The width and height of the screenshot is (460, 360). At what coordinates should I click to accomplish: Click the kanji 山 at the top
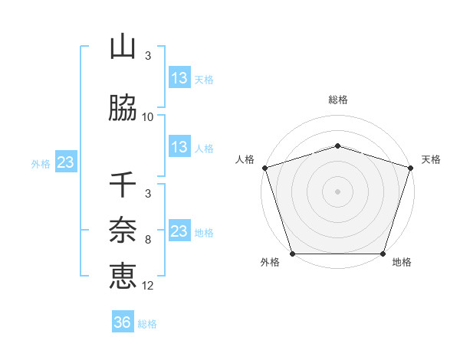[123, 47]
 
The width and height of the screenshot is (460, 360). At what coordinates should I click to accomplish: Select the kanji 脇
[123, 109]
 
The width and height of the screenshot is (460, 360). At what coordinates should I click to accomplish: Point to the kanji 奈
[123, 229]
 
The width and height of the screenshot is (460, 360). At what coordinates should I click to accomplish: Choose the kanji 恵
[123, 275]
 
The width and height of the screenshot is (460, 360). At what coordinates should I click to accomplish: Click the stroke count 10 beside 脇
[148, 117]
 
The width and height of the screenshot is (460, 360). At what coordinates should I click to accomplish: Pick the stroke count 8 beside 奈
[148, 240]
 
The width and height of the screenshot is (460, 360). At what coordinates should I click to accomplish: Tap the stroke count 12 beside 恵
[148, 286]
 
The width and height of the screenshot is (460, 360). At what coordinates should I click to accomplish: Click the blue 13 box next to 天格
[179, 77]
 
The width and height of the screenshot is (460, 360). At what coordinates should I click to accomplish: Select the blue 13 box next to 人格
[179, 147]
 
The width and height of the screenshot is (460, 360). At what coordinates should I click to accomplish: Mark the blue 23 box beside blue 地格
[179, 231]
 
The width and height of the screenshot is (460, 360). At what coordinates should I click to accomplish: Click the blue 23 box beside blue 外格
[65, 162]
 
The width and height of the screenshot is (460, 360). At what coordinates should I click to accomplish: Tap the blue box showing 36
[123, 322]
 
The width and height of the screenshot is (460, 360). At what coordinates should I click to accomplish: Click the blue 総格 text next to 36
[148, 324]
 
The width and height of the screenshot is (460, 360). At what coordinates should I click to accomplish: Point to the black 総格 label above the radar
[337, 100]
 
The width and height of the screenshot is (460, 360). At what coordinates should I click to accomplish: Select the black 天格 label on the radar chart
[432, 159]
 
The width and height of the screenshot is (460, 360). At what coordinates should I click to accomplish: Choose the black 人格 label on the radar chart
[245, 159]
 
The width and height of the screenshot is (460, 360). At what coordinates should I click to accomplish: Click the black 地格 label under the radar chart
[402, 263]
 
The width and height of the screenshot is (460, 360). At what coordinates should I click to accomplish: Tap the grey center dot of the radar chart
[337, 191]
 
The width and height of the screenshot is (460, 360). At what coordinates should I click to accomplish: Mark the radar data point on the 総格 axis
[337, 146]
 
